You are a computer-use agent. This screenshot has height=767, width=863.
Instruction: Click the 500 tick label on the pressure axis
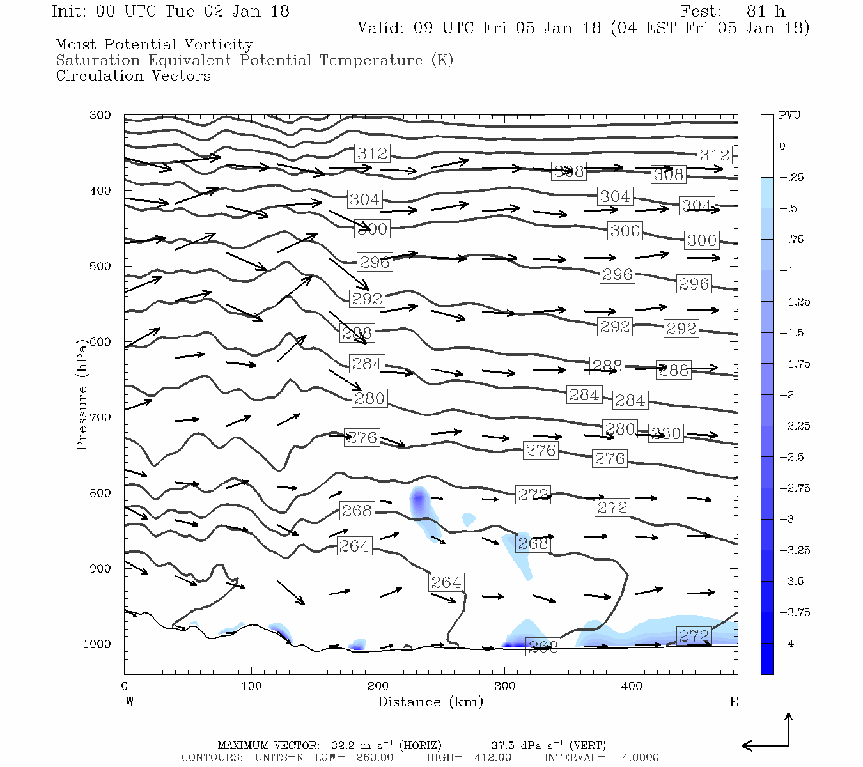[x=100, y=267]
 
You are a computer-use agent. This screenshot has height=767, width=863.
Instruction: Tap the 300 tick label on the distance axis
[x=505, y=686]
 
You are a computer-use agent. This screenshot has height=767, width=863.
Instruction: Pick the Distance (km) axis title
[x=430, y=702]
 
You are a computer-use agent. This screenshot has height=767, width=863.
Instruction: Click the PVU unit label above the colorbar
[x=789, y=116]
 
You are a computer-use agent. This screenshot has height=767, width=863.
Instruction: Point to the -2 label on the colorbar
[x=786, y=395]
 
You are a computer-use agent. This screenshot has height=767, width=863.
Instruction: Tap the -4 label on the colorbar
[x=786, y=644]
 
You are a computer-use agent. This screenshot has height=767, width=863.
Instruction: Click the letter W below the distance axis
[x=130, y=702]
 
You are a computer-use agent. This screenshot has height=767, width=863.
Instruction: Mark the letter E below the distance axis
[x=734, y=702]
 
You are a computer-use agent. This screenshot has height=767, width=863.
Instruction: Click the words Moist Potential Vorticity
[x=154, y=45]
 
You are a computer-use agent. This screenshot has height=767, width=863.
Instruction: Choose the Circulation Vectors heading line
[x=133, y=76]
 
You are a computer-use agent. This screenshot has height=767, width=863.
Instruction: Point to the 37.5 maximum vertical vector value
[x=502, y=746]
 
